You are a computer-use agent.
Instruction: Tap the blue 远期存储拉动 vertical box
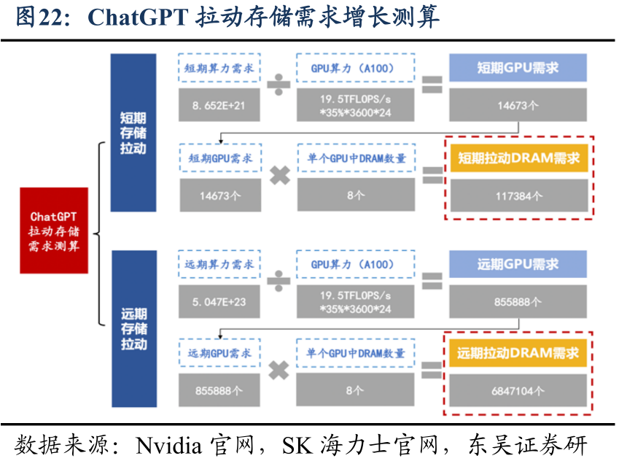point(133,328)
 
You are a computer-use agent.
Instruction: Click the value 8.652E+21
point(219,106)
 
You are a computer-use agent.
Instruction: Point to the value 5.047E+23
point(219,301)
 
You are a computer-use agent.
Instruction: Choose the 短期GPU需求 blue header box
point(518,68)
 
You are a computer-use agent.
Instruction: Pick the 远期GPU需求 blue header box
point(518,264)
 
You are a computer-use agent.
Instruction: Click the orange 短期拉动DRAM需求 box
point(518,158)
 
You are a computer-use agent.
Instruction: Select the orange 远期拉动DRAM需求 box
point(518,353)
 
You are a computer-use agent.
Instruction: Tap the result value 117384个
point(518,195)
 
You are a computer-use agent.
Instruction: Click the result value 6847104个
point(518,390)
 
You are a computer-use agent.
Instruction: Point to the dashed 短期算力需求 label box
point(219,68)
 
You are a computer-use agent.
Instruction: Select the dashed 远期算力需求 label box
point(219,264)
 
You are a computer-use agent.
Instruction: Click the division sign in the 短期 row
point(279,86)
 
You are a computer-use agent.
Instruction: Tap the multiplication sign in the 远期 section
point(279,371)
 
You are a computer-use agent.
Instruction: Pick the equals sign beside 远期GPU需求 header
point(432,282)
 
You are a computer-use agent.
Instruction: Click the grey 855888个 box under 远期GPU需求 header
point(518,301)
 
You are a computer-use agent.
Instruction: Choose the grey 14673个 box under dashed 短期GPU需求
point(219,195)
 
